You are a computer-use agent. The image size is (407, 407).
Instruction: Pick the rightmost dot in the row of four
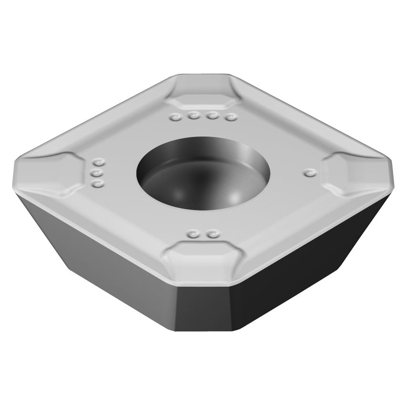coord(231,117)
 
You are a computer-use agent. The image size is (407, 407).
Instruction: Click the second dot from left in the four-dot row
coord(193,115)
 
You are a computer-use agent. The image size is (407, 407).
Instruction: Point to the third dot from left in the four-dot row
coord(212,116)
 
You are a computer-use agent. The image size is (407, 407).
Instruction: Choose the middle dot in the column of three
coord(98,173)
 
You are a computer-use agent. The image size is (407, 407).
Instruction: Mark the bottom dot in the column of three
coord(98,183)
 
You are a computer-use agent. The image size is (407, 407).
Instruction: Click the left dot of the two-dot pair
coord(193,234)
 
